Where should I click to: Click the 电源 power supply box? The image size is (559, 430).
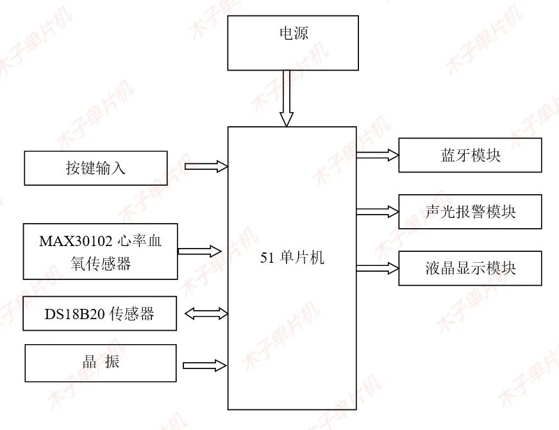(x=293, y=43)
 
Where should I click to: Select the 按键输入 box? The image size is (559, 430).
(x=96, y=168)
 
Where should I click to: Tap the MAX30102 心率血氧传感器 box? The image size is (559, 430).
(x=100, y=251)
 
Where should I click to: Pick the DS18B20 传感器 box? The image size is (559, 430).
(x=99, y=313)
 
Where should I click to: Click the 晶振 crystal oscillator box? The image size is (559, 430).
(x=100, y=363)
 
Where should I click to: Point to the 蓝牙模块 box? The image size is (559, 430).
(x=470, y=155)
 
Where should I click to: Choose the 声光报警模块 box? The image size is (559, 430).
(x=470, y=211)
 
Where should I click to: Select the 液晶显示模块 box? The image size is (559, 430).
(x=470, y=268)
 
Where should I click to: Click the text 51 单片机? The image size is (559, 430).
(x=292, y=258)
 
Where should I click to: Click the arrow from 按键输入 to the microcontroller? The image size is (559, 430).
(x=206, y=167)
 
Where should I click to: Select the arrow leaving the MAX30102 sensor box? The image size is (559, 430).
(x=199, y=251)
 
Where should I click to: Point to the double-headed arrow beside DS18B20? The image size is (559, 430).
(x=206, y=313)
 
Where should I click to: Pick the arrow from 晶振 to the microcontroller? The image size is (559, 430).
(x=204, y=365)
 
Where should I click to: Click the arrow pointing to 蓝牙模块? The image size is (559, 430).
(x=378, y=154)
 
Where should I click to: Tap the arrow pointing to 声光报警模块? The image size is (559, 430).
(x=378, y=211)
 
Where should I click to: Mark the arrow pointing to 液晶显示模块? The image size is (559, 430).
(x=378, y=268)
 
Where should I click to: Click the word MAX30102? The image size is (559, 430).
(x=76, y=242)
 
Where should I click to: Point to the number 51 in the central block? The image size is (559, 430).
(x=267, y=258)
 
